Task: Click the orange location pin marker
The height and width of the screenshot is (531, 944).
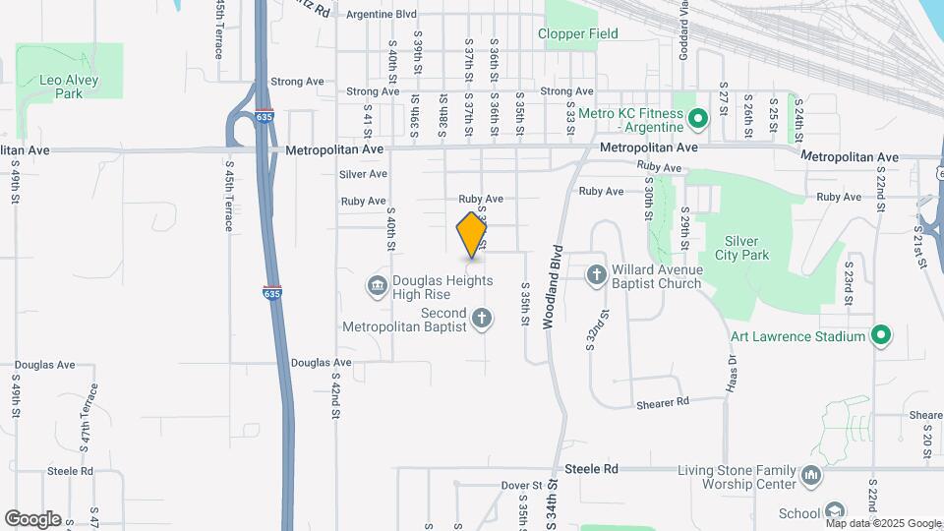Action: coord(473,235)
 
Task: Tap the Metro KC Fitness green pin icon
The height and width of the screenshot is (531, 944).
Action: coord(698,120)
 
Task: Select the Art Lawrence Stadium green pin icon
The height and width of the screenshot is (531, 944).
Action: coord(882,336)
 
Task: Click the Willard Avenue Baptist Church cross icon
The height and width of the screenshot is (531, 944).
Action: coord(597,274)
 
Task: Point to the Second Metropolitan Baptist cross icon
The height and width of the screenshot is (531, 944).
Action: coord(482,318)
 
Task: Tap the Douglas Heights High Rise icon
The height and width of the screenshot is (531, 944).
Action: coord(377,287)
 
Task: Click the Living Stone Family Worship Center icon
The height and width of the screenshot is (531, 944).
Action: coord(812,476)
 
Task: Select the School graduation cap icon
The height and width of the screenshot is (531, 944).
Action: coord(834,511)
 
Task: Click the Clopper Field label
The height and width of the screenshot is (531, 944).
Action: coord(578,33)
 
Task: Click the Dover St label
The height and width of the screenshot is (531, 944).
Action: coord(521,486)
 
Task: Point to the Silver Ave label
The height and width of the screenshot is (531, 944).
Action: coord(363,174)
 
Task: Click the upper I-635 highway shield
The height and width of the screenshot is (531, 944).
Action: coord(263,116)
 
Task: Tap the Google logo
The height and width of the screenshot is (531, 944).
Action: coord(32,519)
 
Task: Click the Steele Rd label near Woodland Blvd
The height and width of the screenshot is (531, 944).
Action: coord(597,470)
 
